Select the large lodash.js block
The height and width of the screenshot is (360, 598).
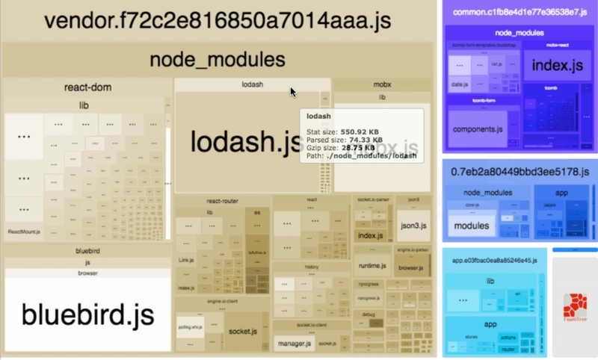239,142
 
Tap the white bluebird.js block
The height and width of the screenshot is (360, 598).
88,314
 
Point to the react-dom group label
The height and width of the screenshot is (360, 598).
88,87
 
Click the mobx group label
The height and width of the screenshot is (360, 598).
382,85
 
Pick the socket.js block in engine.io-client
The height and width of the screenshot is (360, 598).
243,331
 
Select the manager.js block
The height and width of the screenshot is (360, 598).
294,343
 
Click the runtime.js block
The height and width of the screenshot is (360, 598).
372,266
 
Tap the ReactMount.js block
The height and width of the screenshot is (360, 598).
24,232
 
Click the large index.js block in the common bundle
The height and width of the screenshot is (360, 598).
557,66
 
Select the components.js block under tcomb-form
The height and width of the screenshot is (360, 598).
476,128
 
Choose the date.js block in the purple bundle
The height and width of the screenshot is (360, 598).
459,85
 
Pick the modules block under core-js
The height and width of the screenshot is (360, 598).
472,226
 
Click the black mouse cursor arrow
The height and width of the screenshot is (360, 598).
294,92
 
